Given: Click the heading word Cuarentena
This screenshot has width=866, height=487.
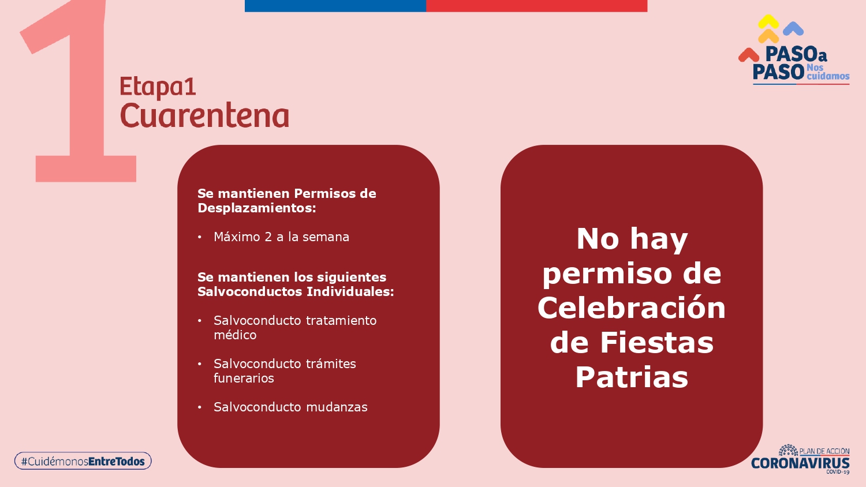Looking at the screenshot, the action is pyautogui.click(x=204, y=115).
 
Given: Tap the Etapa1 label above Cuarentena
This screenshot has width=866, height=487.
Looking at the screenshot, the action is pyautogui.click(x=158, y=87).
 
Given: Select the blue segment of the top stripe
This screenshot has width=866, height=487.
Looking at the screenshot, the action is pyautogui.click(x=335, y=6).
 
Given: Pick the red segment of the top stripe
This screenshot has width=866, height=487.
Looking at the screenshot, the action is pyautogui.click(x=536, y=6).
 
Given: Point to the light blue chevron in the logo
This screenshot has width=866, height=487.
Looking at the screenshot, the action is pyautogui.click(x=793, y=28).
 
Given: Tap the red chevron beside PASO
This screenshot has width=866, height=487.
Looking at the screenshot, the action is pyautogui.click(x=749, y=55).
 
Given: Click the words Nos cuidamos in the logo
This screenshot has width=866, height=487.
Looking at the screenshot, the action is pyautogui.click(x=828, y=72).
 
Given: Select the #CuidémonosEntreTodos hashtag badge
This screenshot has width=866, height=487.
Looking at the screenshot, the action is pyautogui.click(x=83, y=460).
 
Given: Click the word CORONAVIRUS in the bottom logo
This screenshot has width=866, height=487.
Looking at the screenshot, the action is pyautogui.click(x=800, y=463).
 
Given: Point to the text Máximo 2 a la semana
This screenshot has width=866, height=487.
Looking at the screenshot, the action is pyautogui.click(x=282, y=237).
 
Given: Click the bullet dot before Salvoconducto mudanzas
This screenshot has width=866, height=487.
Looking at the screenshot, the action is pyautogui.click(x=200, y=407).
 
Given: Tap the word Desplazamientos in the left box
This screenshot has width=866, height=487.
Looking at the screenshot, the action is pyautogui.click(x=257, y=208).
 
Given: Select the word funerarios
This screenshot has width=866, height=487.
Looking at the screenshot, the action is pyautogui.click(x=244, y=378).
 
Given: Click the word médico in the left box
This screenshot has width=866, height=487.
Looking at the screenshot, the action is pyautogui.click(x=235, y=335).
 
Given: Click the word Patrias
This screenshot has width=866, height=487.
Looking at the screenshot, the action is pyautogui.click(x=632, y=377).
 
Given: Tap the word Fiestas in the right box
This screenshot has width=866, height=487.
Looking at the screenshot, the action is pyautogui.click(x=656, y=342).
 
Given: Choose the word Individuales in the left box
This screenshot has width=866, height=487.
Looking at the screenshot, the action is pyautogui.click(x=350, y=291).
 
